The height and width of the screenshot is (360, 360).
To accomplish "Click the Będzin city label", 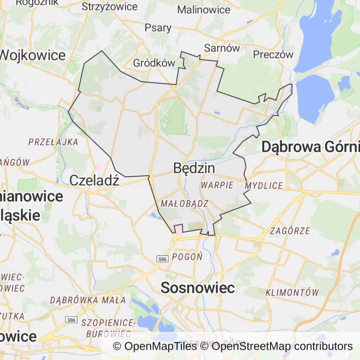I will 194,168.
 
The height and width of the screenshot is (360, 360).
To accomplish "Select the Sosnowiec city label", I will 197,288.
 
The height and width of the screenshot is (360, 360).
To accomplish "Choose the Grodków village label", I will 154,63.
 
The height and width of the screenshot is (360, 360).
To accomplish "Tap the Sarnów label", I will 222,48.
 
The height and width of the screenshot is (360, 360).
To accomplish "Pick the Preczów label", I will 273,54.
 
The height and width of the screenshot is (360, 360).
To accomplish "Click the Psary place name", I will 158,28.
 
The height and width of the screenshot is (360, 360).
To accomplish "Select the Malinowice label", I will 204,9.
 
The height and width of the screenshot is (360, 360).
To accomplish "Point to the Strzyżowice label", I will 110,7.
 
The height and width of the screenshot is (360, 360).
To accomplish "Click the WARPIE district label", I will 217,185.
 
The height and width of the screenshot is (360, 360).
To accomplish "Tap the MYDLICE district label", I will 264,186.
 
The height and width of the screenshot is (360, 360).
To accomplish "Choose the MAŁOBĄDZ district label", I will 184,203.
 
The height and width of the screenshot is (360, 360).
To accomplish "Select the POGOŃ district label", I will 187,256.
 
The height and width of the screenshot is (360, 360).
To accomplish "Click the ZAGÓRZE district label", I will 290,231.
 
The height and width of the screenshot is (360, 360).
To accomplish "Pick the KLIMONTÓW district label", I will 292,292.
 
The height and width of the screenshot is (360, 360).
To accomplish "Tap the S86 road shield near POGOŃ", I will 162,259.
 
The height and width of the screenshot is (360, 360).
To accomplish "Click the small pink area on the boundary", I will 179,229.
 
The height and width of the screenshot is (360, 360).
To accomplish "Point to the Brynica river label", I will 22,103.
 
